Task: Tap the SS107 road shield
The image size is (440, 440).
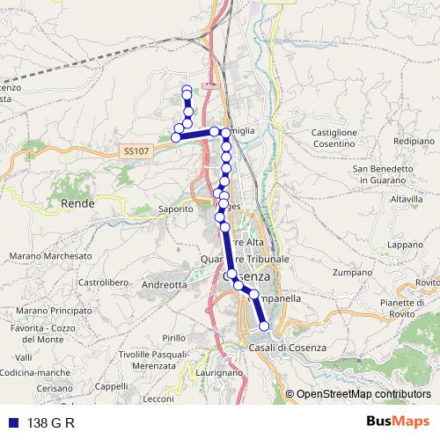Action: [x=136, y=152]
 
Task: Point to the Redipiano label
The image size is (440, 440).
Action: [x=413, y=141]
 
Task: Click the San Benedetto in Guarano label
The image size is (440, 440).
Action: [x=382, y=173]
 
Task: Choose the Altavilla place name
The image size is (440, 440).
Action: [x=407, y=200]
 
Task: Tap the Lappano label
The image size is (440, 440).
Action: [x=406, y=244]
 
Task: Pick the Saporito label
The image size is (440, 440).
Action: [x=175, y=209]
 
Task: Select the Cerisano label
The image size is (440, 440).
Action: [x=55, y=387]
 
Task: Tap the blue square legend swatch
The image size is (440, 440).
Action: [x=13, y=422]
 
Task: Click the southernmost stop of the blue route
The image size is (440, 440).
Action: [x=265, y=326]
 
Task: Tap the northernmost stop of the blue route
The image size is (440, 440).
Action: [x=187, y=90]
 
